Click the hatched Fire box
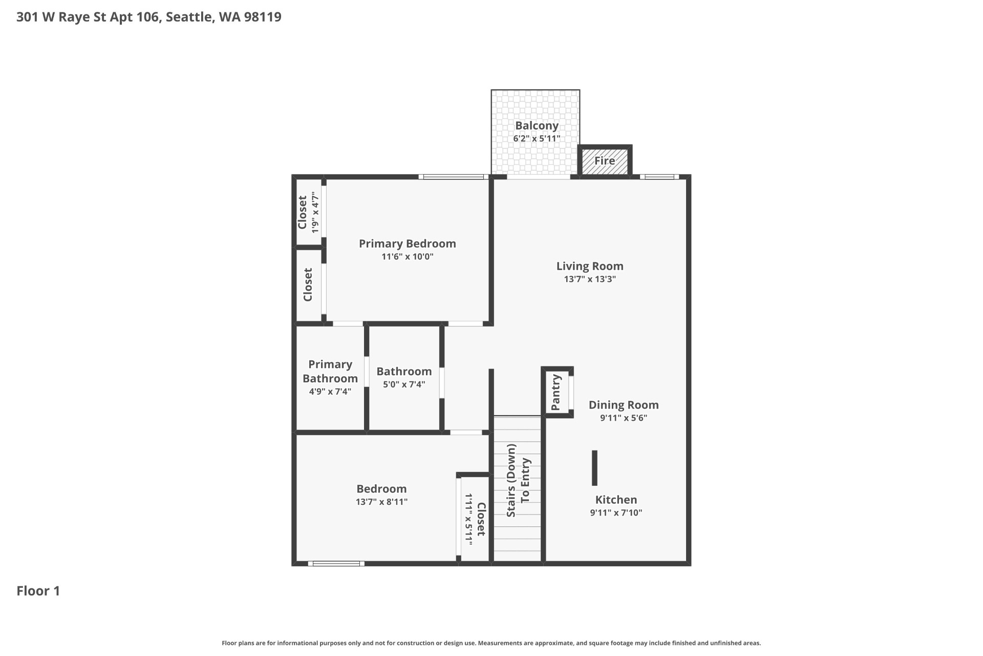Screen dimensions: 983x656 coord(605,161)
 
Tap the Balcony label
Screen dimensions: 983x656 coord(537,126)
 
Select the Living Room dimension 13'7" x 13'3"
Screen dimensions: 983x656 coord(590,279)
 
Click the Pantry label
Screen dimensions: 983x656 coord(556,392)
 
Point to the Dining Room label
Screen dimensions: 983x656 coord(624,405)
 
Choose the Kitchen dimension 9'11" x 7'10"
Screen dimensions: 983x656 coord(616,512)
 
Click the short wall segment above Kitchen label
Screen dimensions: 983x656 coord(594,468)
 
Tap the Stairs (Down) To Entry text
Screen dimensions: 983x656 coord(518,480)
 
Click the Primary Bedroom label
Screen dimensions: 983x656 coord(408,243)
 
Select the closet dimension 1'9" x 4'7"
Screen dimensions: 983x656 coord(315,212)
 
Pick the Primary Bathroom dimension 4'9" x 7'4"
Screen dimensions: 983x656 coord(330,392)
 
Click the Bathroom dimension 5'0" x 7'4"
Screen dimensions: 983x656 coord(404,384)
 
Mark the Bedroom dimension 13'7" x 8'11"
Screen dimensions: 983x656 coord(382,502)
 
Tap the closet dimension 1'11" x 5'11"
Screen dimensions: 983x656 coord(468,519)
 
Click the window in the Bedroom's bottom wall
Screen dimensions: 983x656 coord(336,564)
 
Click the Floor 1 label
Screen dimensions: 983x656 coord(38,591)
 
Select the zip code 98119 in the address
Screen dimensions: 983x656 coord(263,17)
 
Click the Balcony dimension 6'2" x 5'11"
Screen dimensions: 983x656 coord(537,138)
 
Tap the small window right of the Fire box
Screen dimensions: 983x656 coord(659,177)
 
